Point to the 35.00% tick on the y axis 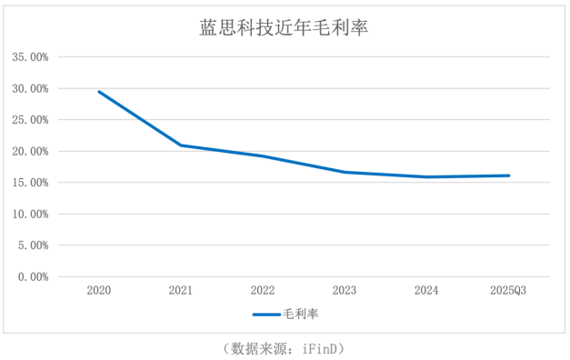[30, 57]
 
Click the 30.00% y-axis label [30, 89]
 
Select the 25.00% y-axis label [30, 120]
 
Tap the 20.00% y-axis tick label [30, 152]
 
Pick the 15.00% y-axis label [30, 183]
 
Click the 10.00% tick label [30, 215]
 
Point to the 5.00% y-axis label [33, 245]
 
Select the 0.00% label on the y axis [33, 276]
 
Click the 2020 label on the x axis [99, 291]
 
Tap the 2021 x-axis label [181, 291]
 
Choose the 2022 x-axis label [263, 291]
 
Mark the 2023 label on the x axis [345, 291]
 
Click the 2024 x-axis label [426, 291]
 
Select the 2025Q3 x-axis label [508, 291]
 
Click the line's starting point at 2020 [99, 92]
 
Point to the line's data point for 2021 [181, 145]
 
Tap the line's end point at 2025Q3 [508, 175]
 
